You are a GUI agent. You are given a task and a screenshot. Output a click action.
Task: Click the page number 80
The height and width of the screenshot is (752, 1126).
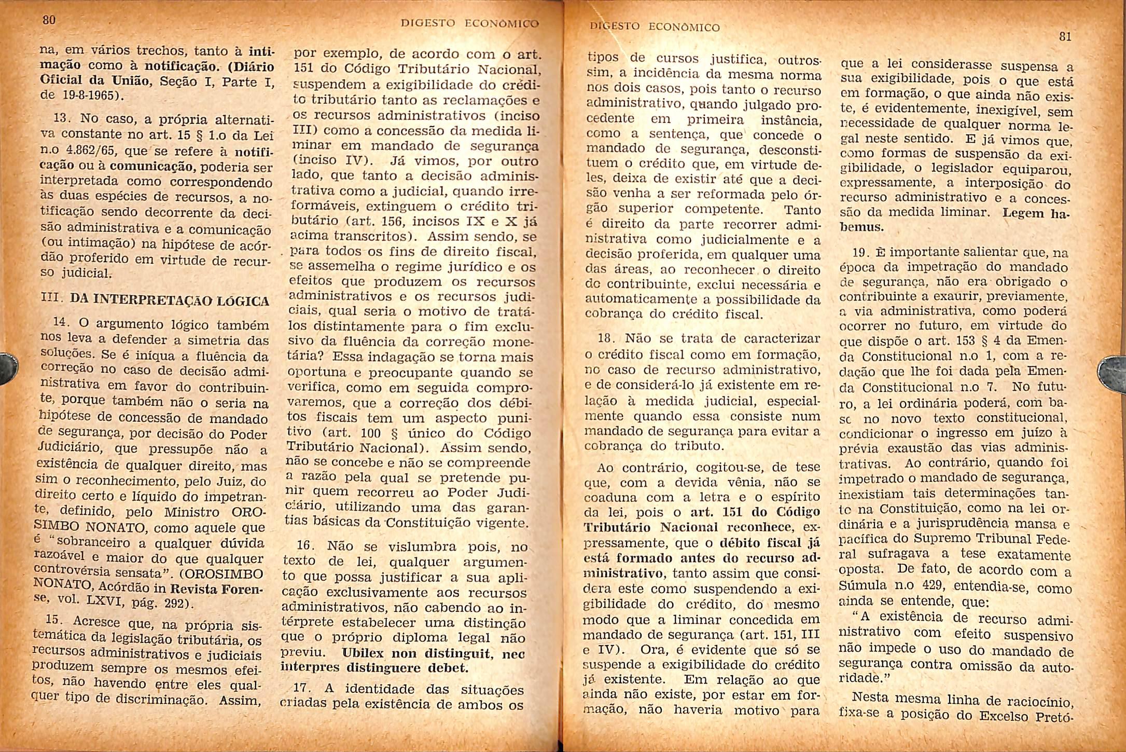point(49,20)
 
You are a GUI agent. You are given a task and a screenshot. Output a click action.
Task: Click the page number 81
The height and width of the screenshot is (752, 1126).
point(1065,37)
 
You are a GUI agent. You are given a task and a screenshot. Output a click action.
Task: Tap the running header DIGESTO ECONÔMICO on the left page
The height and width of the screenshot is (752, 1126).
point(470,23)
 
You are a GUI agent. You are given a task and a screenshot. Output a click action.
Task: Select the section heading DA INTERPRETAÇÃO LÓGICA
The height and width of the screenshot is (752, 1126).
point(170,300)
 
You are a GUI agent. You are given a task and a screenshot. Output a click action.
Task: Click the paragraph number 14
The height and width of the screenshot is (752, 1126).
point(62,322)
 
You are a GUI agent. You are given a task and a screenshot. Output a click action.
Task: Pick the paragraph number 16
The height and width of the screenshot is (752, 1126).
point(305,545)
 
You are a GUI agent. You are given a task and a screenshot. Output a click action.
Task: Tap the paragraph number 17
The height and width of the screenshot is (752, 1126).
point(302,688)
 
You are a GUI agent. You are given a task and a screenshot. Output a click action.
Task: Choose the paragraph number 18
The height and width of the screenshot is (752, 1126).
point(607,338)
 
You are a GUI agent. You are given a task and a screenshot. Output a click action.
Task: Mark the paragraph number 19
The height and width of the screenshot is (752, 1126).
point(861,253)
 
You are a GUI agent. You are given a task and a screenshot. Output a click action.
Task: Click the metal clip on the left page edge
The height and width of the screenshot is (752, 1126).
point(7,368)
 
